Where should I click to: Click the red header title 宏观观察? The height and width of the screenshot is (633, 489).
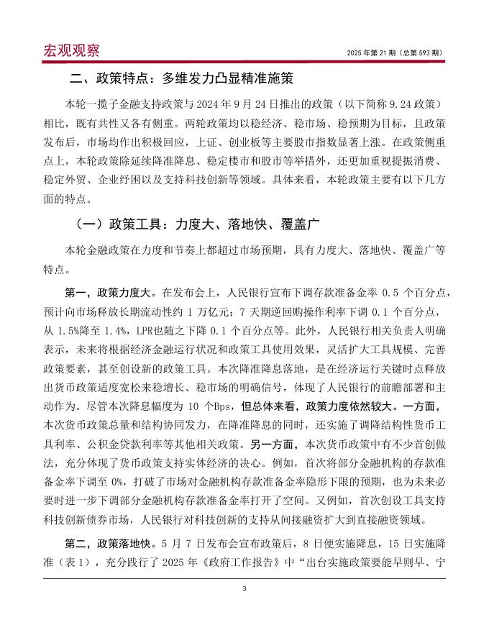(71, 51)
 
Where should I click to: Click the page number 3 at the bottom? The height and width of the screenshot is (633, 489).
(244, 589)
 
